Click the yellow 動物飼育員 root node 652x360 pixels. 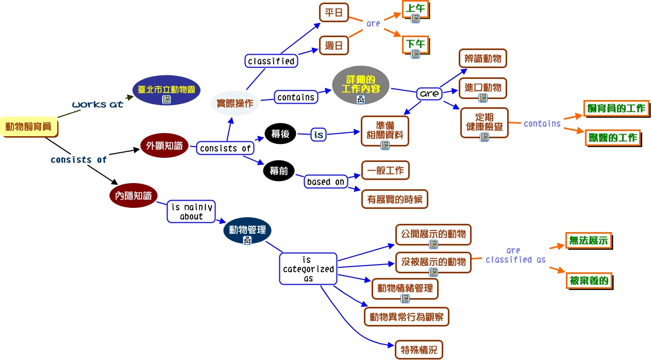point(28,126)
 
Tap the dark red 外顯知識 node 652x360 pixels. point(164,146)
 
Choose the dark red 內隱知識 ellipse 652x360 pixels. point(133,195)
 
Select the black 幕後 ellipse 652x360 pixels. point(280,134)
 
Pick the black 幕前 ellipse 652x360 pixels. point(279,171)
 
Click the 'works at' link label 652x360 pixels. point(98,104)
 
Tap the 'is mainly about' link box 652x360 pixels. point(191,212)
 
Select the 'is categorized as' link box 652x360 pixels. point(308,269)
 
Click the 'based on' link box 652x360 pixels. point(325,182)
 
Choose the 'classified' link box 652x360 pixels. point(271,61)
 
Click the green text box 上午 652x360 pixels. point(415,9)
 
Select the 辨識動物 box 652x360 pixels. point(483,59)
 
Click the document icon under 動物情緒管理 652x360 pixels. point(405,298)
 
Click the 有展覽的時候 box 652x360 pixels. point(395,199)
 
